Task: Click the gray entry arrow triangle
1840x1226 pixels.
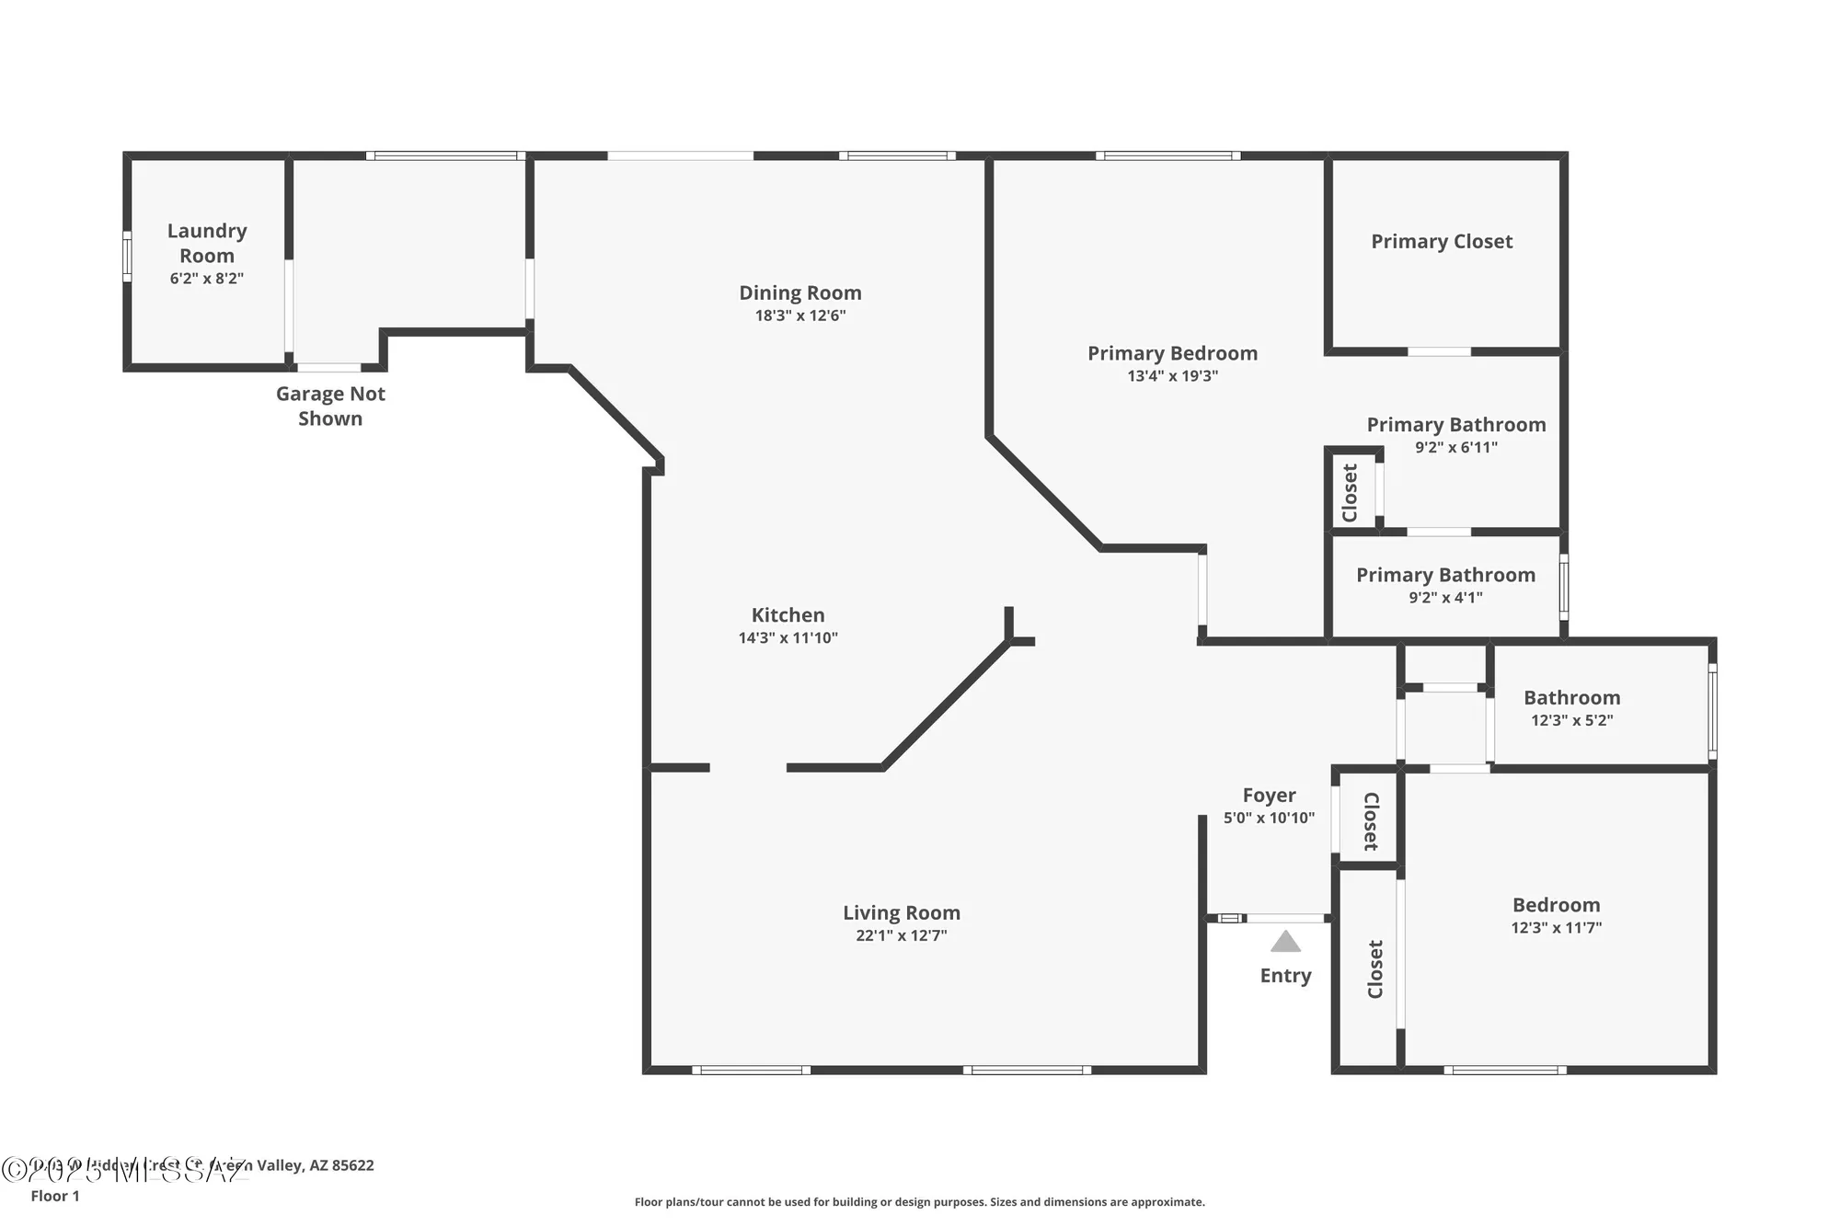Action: (x=1285, y=943)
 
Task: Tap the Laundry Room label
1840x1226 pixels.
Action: (x=207, y=243)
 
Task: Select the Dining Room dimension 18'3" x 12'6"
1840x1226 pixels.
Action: (x=799, y=315)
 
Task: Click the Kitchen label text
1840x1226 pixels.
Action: (x=788, y=615)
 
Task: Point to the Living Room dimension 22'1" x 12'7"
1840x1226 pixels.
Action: (x=901, y=935)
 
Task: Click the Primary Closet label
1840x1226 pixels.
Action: (x=1442, y=242)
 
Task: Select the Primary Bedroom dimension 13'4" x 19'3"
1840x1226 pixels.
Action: (x=1172, y=376)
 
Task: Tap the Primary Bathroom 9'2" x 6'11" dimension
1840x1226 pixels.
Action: (x=1455, y=448)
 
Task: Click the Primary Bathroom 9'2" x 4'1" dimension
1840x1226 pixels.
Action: (x=1445, y=598)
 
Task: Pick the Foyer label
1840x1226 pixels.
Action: (x=1269, y=796)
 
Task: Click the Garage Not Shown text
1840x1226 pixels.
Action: (x=330, y=406)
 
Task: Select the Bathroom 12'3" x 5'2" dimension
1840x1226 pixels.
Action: (x=1571, y=720)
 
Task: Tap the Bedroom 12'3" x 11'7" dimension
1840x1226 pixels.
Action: (x=1556, y=928)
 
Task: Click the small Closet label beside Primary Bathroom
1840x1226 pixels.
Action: (x=1351, y=493)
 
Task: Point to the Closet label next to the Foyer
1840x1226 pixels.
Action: (x=1370, y=820)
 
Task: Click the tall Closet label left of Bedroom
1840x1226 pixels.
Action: (x=1375, y=968)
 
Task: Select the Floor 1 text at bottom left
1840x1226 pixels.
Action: (x=55, y=1196)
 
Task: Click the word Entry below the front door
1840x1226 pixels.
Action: (x=1285, y=976)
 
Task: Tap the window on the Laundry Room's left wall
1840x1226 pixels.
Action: (x=128, y=257)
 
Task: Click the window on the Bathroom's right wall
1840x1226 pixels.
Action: (x=1712, y=711)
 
